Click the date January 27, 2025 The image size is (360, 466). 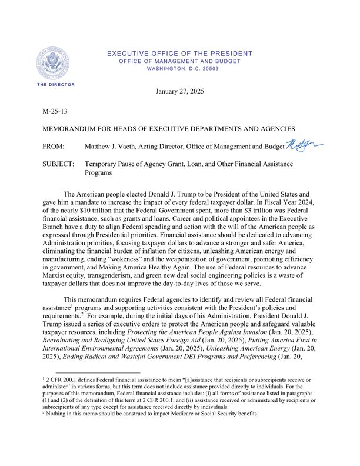pos(179,92)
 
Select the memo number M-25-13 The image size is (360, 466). pos(55,111)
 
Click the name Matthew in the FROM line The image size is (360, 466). pos(101,147)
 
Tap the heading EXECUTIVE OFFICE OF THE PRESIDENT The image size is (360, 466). pos(179,54)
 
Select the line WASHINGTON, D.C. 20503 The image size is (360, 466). pos(179,68)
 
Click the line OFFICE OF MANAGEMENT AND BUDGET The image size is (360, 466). pos(179,61)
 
